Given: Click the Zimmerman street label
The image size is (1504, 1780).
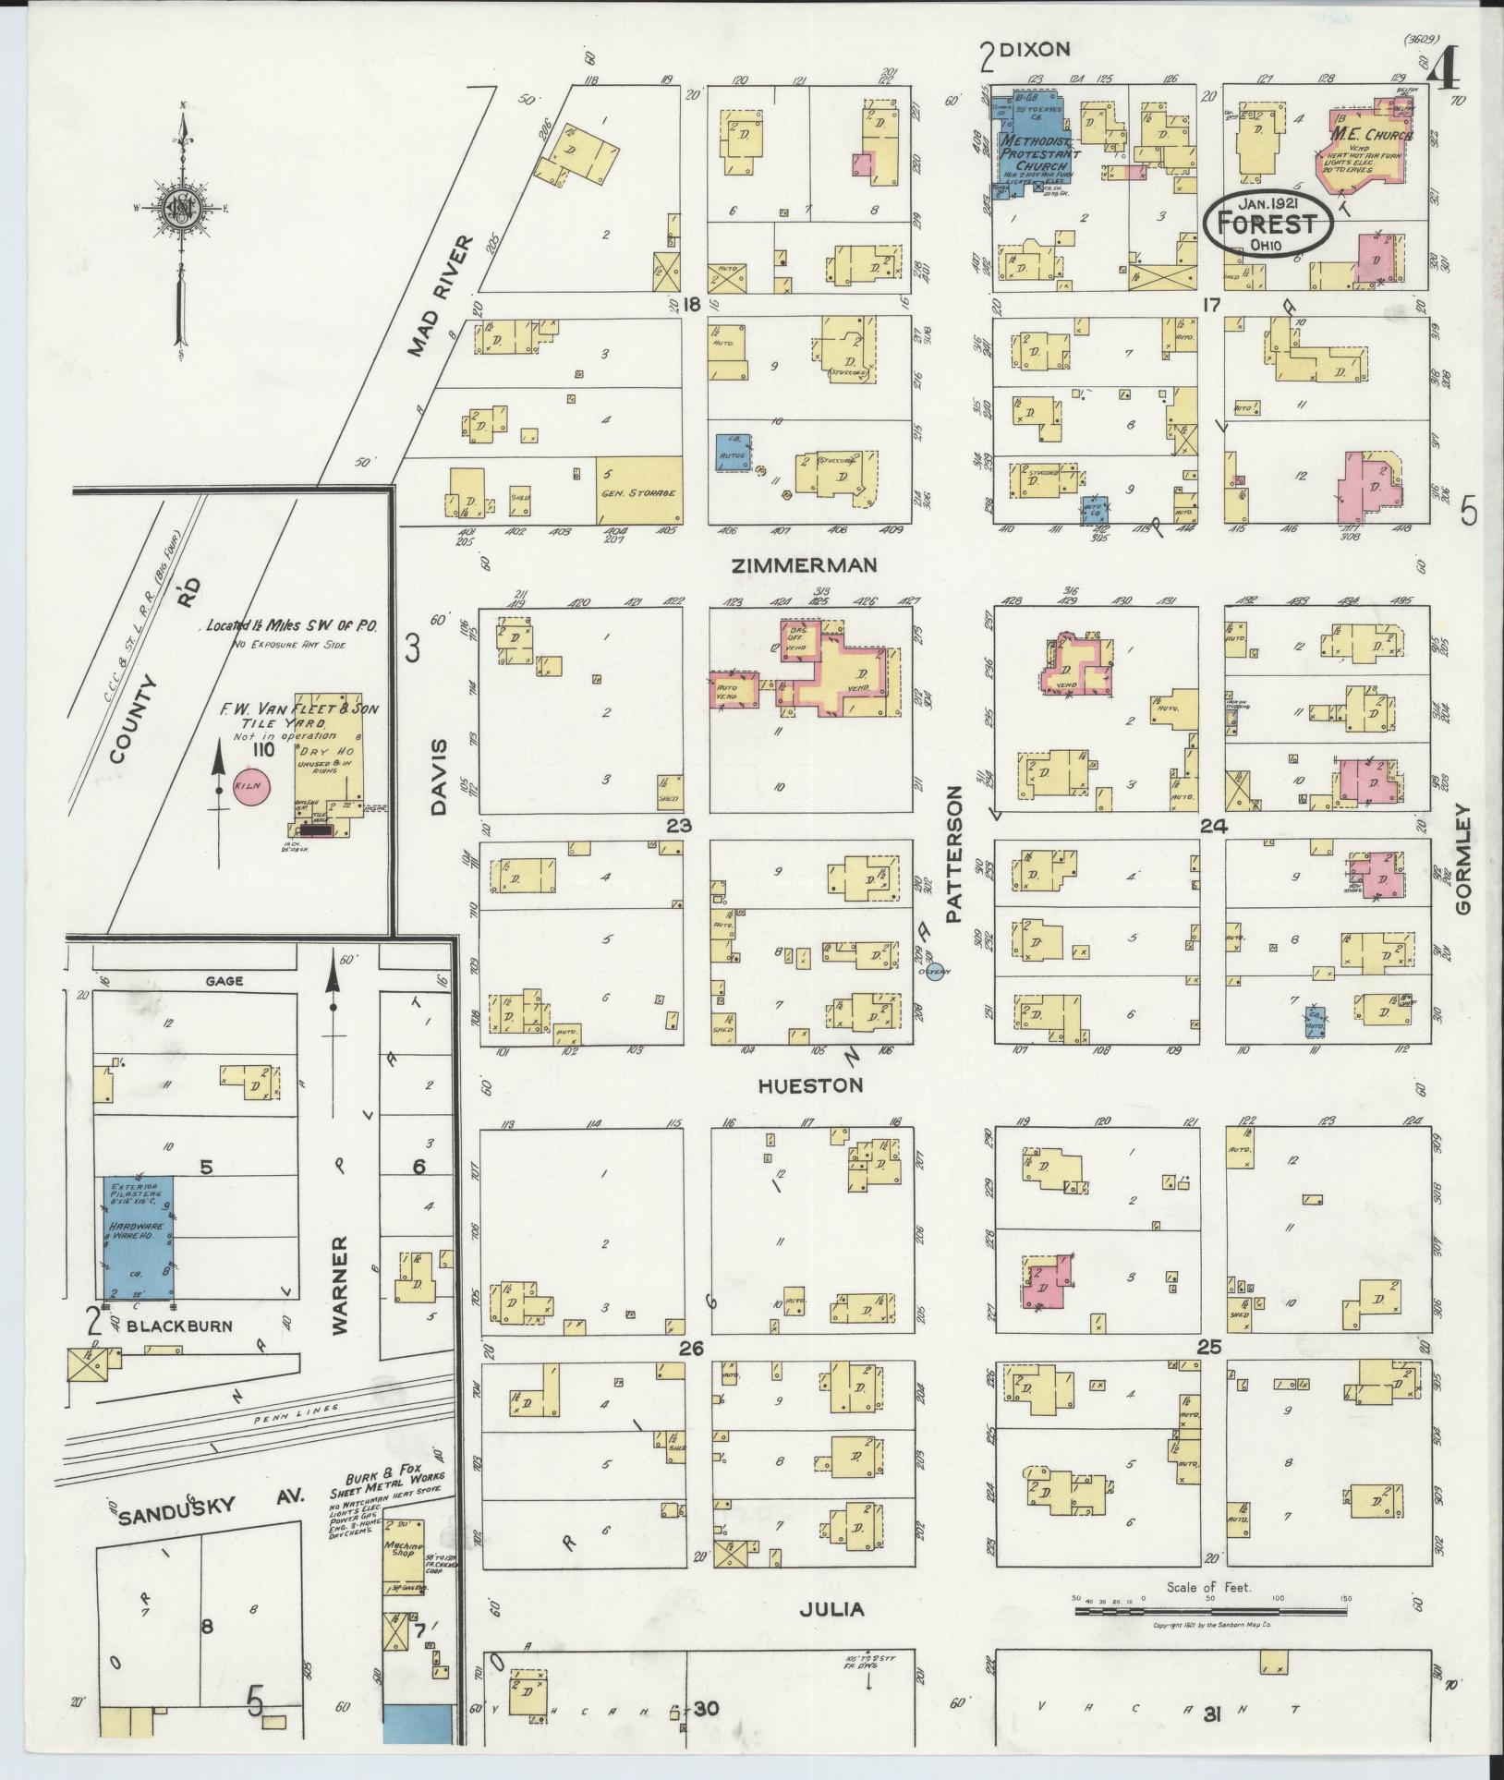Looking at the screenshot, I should click(x=803, y=565).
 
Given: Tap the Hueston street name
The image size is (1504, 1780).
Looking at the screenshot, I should click(x=810, y=1085).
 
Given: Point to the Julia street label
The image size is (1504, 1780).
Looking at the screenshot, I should click(x=832, y=1609).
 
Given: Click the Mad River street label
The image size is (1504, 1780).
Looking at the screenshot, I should click(x=442, y=296).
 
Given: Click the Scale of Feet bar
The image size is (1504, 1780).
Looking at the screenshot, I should click(x=1208, y=1611).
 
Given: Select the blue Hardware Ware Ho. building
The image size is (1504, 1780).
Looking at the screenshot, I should click(x=139, y=1238).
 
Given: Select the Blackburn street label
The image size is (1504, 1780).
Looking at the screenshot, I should click(x=180, y=1325).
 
